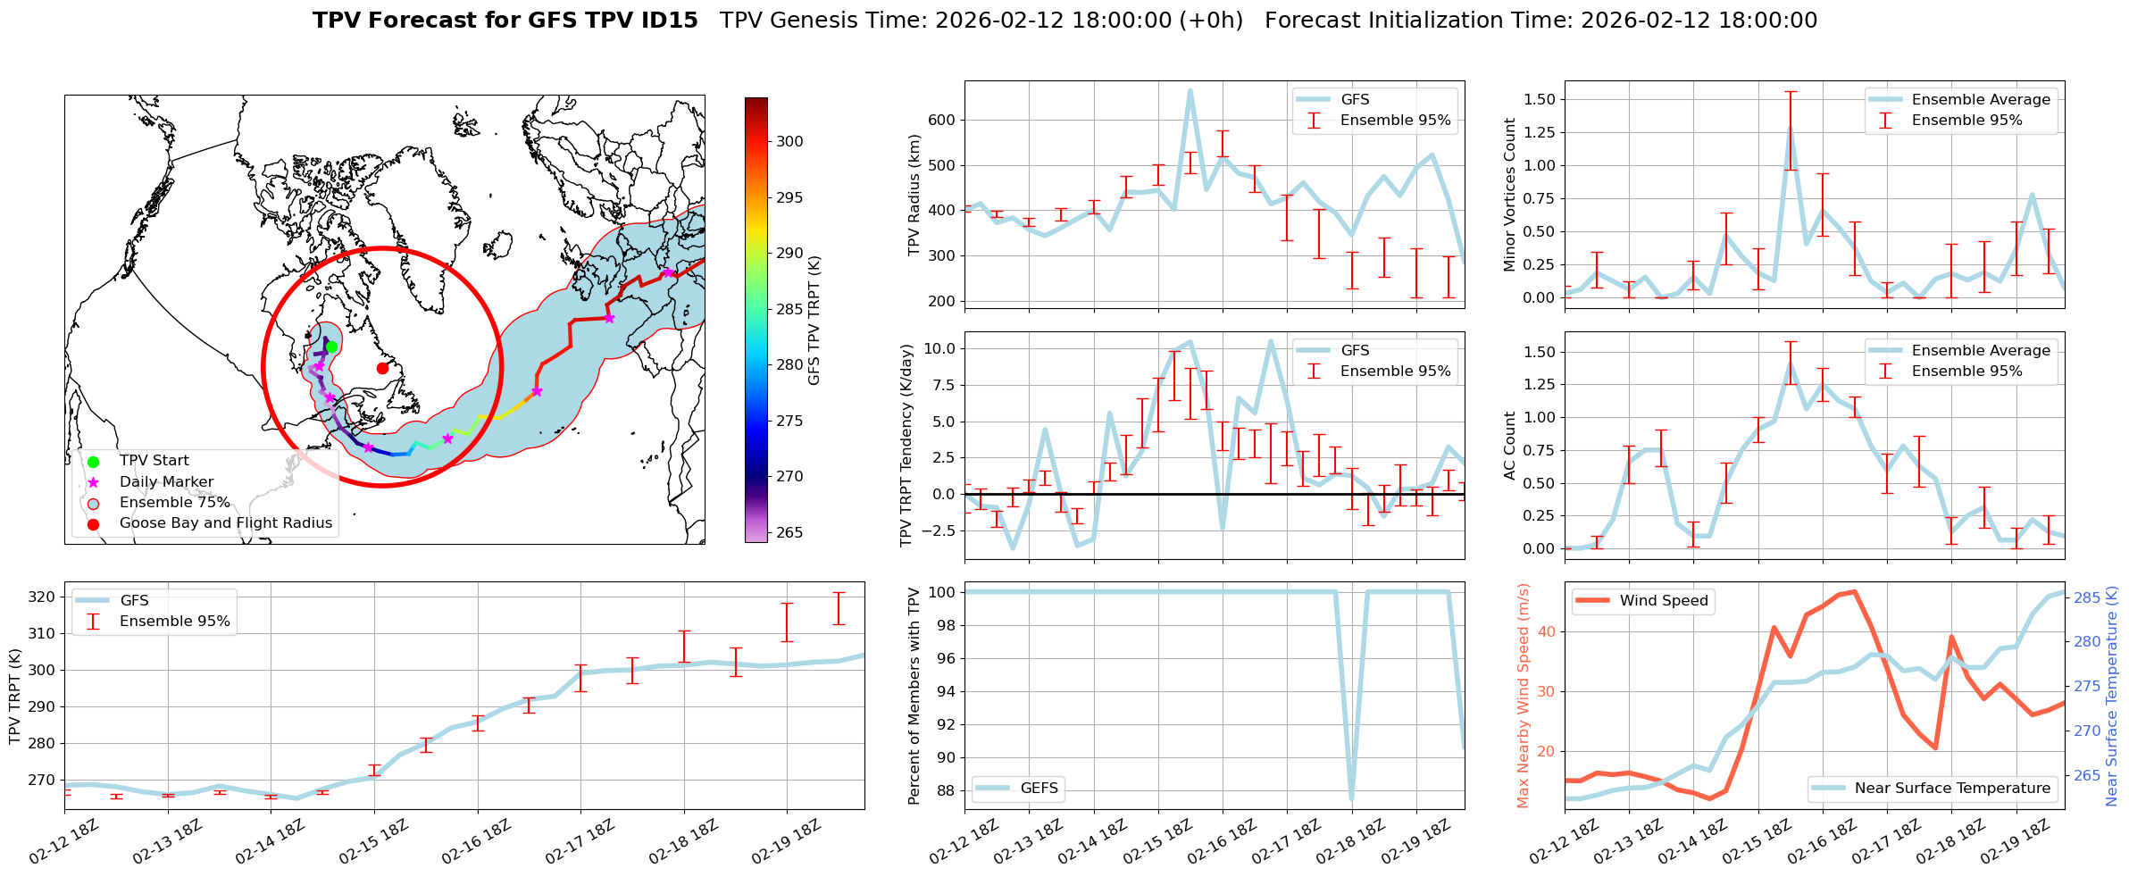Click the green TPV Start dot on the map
click(x=331, y=347)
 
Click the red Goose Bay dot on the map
click(x=382, y=368)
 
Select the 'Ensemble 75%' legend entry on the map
click(x=174, y=503)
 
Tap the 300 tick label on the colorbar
click(x=789, y=141)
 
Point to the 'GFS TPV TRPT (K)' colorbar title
click(x=814, y=321)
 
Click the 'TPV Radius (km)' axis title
click(x=914, y=195)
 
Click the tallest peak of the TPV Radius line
click(x=1190, y=90)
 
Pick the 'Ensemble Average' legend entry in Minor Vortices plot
click(x=1981, y=100)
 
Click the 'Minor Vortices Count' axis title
click(x=1510, y=195)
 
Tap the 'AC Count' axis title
click(x=1510, y=446)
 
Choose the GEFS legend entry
click(x=1039, y=788)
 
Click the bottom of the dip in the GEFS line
click(x=1352, y=798)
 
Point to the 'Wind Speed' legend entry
click(x=1664, y=601)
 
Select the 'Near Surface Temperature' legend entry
click(x=1952, y=788)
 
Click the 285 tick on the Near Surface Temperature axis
click(x=2086, y=597)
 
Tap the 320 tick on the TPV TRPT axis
click(x=42, y=597)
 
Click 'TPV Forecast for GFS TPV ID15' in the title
click(x=505, y=21)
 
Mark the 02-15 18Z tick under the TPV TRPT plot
click(x=374, y=840)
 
